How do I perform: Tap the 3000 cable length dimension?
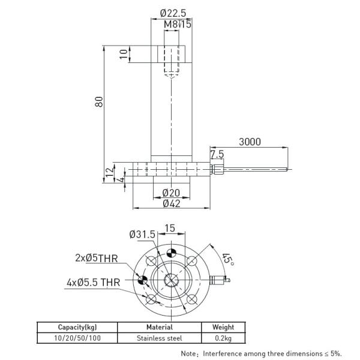[250, 142]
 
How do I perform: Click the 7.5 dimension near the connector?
[217, 154]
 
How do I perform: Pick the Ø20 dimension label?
[172, 193]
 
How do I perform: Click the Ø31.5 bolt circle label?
[142, 234]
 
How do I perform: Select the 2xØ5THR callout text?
[97, 259]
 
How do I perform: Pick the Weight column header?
[223, 328]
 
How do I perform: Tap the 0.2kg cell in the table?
[223, 338]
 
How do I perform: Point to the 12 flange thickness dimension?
[109, 172]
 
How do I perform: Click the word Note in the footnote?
[189, 354]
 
